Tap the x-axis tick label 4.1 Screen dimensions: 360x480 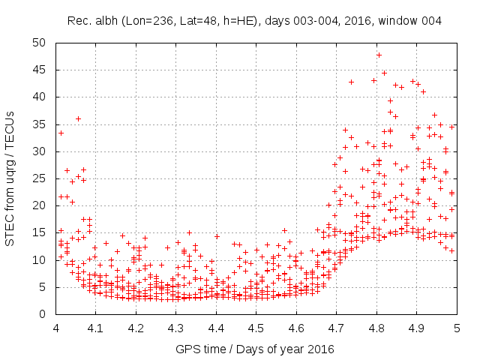(x=96, y=328)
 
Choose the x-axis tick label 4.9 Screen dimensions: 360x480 (x=416, y=328)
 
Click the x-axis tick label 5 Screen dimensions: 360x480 (x=457, y=328)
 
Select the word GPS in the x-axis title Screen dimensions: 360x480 (x=186, y=349)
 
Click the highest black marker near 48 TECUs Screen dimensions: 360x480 (x=379, y=55)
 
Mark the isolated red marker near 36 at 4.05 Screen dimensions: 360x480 (x=78, y=118)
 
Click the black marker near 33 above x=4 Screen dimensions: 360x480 (x=61, y=133)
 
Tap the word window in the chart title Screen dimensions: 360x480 (x=404, y=20)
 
